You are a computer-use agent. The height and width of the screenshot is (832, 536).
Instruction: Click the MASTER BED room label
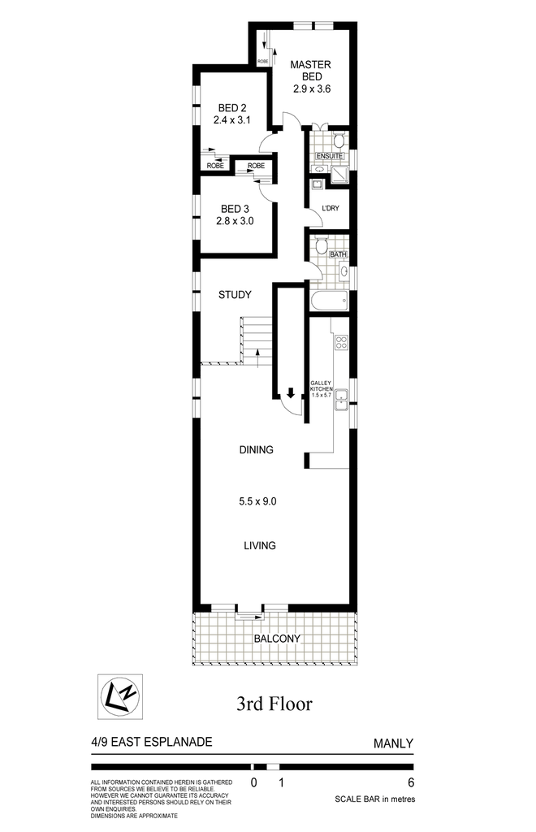click(x=311, y=71)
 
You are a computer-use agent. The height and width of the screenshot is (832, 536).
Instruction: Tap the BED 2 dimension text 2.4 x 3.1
click(x=232, y=120)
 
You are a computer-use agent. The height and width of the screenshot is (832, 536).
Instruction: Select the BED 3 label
click(x=235, y=209)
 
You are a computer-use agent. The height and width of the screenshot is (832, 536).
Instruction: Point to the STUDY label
click(x=235, y=294)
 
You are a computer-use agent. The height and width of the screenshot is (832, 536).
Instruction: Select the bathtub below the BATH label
click(x=330, y=301)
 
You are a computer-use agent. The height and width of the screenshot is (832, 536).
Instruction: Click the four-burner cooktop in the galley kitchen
click(x=341, y=342)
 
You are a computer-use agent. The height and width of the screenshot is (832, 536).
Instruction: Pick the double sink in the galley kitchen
click(x=341, y=400)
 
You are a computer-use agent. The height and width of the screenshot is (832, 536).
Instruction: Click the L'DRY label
click(x=331, y=208)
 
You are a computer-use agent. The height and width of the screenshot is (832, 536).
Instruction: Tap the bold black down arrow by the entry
click(x=291, y=392)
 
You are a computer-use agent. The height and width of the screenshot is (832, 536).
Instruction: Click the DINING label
click(x=256, y=450)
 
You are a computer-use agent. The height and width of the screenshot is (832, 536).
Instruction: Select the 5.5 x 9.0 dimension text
click(x=257, y=500)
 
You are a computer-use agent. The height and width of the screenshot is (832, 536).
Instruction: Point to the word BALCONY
click(x=277, y=639)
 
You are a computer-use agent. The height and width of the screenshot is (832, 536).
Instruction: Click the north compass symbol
click(x=120, y=696)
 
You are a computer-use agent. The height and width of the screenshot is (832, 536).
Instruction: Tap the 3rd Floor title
click(x=274, y=704)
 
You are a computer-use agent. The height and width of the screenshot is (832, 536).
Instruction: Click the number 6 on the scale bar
click(x=411, y=782)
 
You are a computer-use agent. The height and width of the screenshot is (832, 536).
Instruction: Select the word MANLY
click(x=393, y=743)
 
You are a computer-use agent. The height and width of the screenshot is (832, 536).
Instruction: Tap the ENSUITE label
click(x=330, y=156)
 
